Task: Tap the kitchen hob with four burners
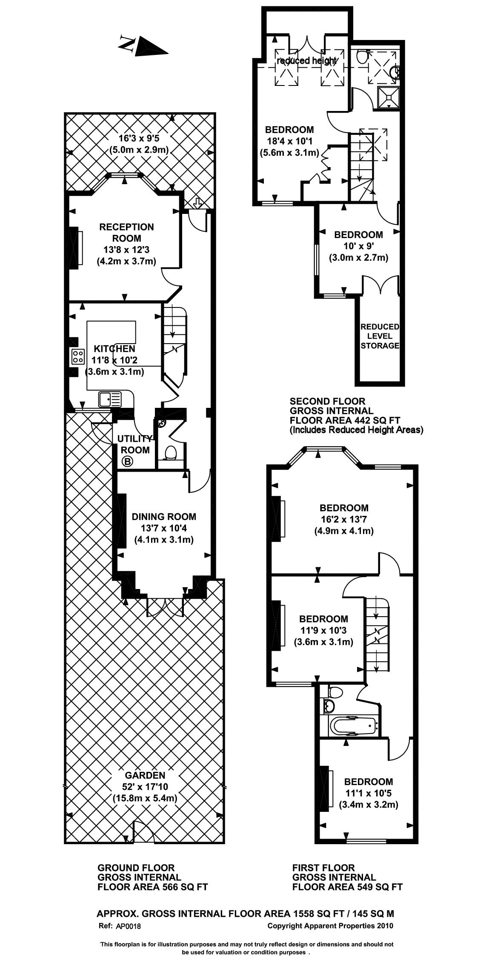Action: click(78, 356)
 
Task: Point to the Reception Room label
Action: click(126, 233)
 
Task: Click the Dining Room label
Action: click(164, 517)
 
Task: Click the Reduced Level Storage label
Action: click(380, 336)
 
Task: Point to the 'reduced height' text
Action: click(307, 61)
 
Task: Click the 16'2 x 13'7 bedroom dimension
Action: click(344, 519)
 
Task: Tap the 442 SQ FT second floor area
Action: click(373, 420)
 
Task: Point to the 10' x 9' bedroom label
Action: click(358, 246)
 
